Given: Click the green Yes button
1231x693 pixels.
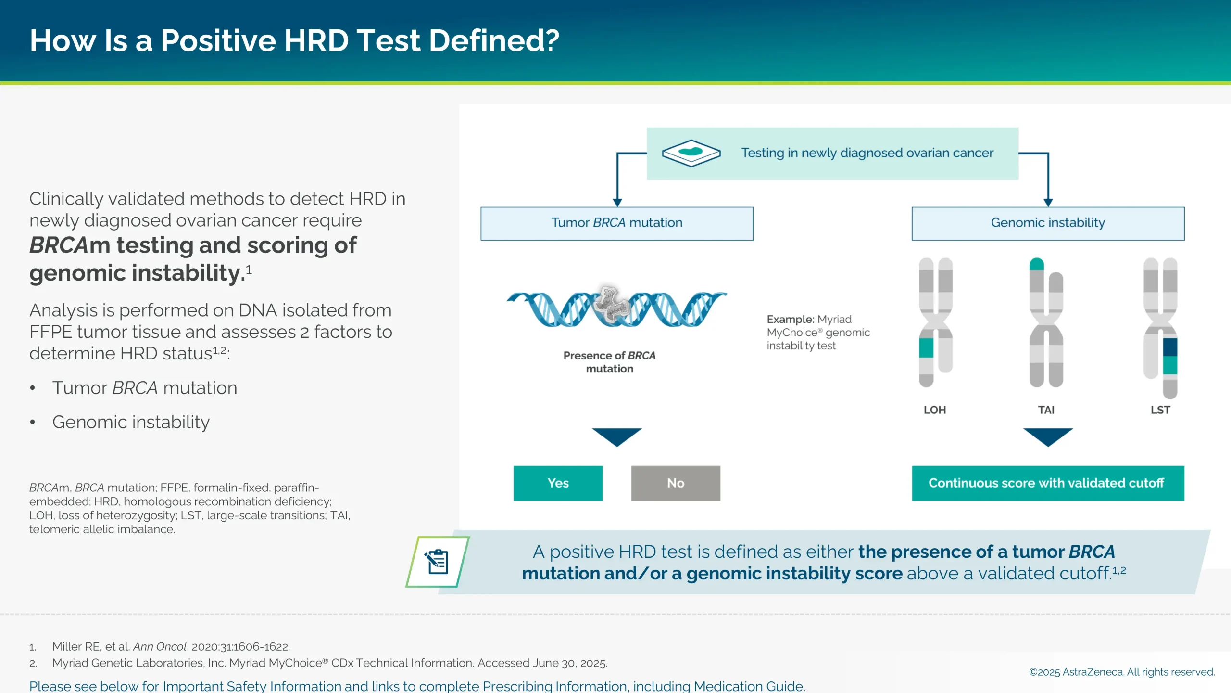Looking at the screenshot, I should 558,483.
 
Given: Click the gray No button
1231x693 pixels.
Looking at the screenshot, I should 675,483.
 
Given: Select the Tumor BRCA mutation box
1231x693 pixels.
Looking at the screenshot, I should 616,223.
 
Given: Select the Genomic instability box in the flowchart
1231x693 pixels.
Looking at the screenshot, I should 1047,223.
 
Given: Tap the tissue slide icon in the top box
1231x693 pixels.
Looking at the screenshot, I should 691,153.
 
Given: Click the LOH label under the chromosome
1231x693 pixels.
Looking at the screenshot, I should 934,410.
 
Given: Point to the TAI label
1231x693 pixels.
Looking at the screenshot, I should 1046,410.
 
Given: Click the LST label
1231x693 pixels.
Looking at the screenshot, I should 1160,410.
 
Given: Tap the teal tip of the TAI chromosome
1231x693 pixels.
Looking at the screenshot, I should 1036,264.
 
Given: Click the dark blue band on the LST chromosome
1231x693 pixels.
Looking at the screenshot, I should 1169,346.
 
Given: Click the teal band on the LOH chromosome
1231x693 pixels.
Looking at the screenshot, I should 926,347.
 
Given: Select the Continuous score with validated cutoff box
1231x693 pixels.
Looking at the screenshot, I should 1047,483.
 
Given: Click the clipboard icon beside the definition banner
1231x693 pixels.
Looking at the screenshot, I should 437,562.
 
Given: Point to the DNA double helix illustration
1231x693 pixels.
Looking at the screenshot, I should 616,308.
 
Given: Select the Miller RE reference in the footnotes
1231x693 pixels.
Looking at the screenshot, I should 171,646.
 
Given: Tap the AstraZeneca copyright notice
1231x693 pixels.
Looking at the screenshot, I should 1121,672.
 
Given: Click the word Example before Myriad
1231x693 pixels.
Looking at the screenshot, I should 790,320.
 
